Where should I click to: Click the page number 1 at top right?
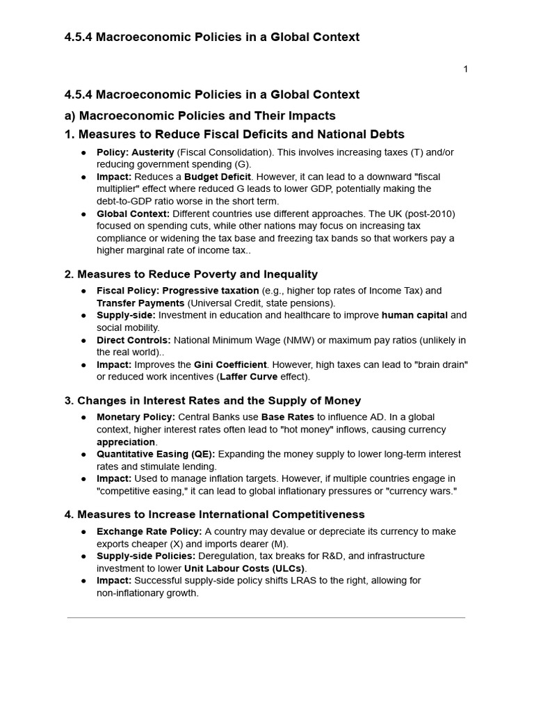[465, 69]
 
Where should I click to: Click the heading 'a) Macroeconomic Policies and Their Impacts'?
[200, 115]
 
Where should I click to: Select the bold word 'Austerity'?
[153, 152]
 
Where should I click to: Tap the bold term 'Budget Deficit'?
[218, 177]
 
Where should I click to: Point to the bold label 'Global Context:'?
[133, 213]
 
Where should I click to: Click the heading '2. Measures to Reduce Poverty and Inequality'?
[191, 274]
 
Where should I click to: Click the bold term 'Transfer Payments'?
[140, 303]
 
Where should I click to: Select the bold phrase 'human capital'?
[414, 315]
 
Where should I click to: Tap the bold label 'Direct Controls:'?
[133, 340]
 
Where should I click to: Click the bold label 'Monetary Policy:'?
[136, 417]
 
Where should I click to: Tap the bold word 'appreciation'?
[126, 442]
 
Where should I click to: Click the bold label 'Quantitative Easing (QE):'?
[156, 454]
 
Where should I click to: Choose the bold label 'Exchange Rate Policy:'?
[149, 531]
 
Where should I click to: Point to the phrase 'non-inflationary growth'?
[147, 593]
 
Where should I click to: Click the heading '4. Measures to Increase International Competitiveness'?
[214, 515]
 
